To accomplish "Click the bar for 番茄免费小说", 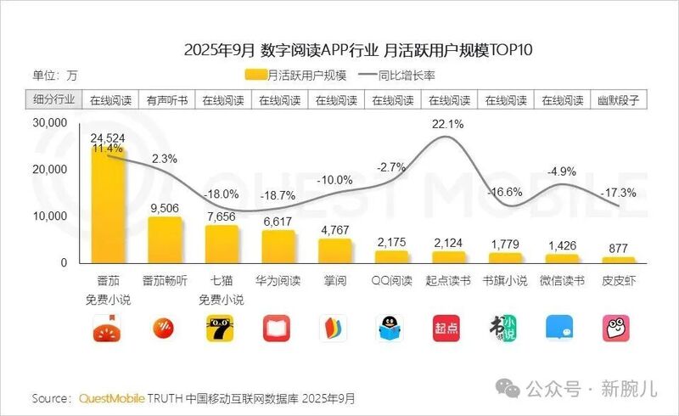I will pyautogui.click(x=109, y=204).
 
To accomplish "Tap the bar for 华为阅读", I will pyautogui.click(x=278, y=247).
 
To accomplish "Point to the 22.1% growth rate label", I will pyautogui.click(x=448, y=124).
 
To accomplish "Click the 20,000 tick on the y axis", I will pyautogui.click(x=50, y=169).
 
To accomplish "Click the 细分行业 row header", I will pyautogui.click(x=53, y=99).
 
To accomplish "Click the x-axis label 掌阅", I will pyautogui.click(x=335, y=280).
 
